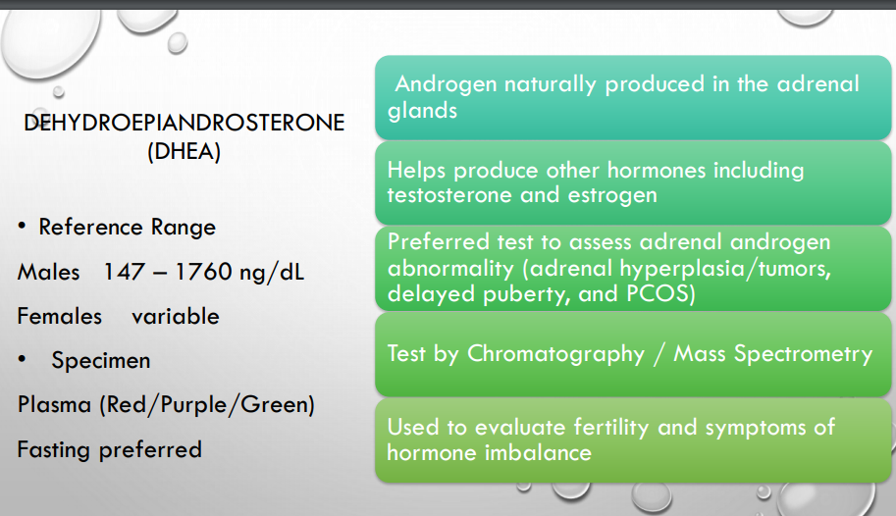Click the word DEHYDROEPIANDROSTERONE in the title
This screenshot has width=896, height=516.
(x=184, y=123)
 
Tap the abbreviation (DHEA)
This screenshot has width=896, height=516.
(x=184, y=151)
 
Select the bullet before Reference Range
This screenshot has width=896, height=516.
(x=22, y=227)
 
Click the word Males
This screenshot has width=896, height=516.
(x=48, y=272)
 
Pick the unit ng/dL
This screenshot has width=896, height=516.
(x=272, y=273)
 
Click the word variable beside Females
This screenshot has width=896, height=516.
(x=176, y=316)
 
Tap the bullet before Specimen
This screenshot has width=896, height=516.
(x=22, y=359)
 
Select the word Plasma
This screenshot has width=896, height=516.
(x=54, y=404)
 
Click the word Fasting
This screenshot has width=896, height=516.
(x=54, y=449)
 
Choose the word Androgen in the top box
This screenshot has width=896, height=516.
(x=447, y=84)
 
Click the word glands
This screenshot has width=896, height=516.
(x=422, y=110)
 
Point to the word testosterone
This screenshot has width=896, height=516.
(x=449, y=195)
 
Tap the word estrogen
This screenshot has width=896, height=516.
(x=612, y=196)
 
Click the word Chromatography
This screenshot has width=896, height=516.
(x=555, y=354)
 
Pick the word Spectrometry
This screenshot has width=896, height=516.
(x=804, y=354)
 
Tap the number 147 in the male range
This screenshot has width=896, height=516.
(x=124, y=272)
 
